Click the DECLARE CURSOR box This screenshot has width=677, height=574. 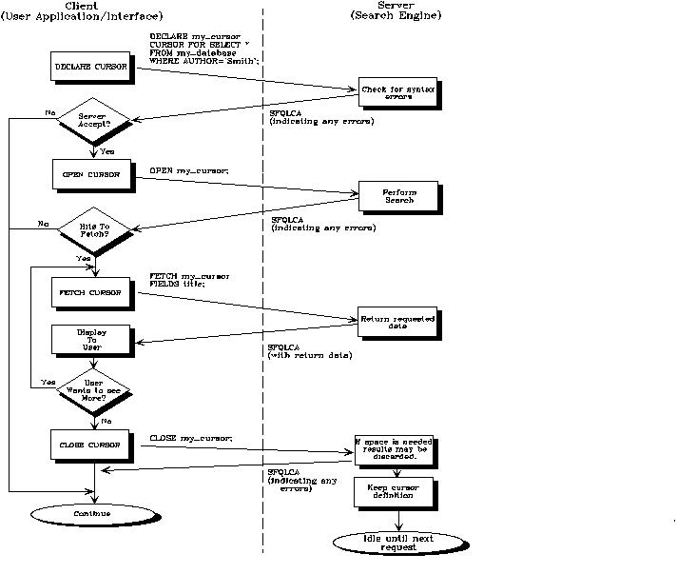tap(93, 68)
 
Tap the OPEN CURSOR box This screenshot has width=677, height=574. tap(93, 175)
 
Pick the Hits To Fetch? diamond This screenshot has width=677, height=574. tap(92, 229)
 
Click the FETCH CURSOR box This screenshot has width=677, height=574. tap(93, 293)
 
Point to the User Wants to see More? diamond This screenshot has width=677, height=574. tap(92, 389)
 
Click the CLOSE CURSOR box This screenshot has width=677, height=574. tap(93, 444)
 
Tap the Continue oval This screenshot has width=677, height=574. tap(92, 514)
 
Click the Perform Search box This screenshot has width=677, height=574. tap(398, 197)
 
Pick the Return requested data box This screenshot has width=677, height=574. tap(397, 323)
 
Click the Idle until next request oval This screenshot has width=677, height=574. tap(397, 543)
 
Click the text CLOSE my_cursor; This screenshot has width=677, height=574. tap(191, 438)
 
